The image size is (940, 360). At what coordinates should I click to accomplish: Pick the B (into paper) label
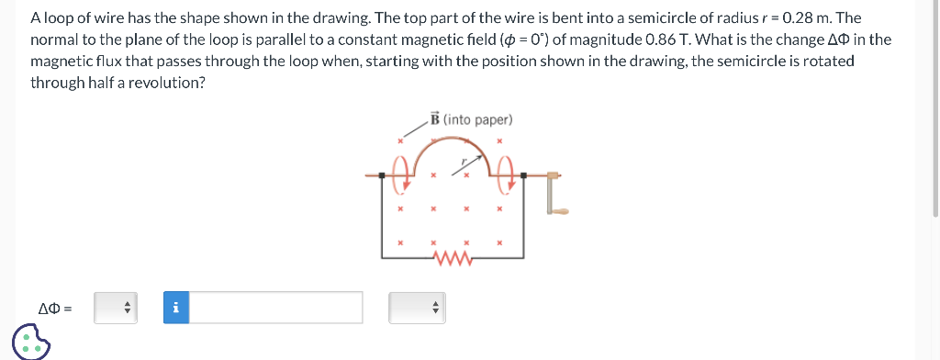(471, 119)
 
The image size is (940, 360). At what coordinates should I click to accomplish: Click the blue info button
(175, 308)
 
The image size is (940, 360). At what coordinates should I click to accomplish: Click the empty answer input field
(275, 308)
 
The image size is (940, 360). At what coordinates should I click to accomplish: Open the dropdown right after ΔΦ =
(117, 308)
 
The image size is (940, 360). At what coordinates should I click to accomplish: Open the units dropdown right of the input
(416, 308)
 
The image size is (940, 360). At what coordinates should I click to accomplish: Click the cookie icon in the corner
(30, 341)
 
